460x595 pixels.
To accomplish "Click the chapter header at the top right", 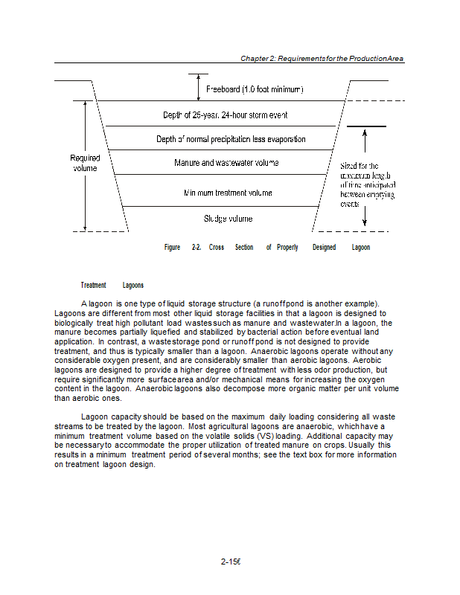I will [x=322, y=58].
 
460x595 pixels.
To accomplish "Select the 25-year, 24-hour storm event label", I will [x=225, y=115].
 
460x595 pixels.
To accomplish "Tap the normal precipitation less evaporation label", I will [x=231, y=139].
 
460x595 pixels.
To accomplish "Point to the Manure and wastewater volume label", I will [x=226, y=162].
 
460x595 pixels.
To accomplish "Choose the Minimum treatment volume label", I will [x=228, y=193].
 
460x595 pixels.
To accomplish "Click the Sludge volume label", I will [x=228, y=219].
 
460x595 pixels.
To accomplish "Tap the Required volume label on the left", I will [x=85, y=163].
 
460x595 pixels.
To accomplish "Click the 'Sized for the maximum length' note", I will [x=367, y=184].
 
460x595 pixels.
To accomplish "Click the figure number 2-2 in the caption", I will [x=197, y=248].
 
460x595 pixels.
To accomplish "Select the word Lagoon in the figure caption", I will [x=360, y=248].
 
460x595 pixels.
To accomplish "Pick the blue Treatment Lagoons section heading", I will [x=112, y=286].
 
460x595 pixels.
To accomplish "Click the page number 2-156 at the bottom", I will [x=231, y=562].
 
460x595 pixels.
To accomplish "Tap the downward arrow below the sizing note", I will [x=365, y=216].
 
